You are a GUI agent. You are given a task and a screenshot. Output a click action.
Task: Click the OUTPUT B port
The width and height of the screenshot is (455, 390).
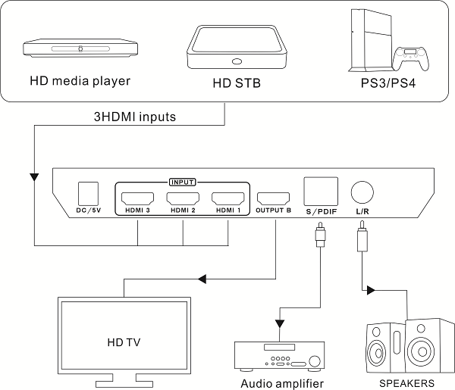pos(274,197)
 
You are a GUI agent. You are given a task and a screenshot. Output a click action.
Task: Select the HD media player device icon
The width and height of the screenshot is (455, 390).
pos(80,48)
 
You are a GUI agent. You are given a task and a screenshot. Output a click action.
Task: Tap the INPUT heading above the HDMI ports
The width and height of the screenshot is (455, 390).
pos(183,182)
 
